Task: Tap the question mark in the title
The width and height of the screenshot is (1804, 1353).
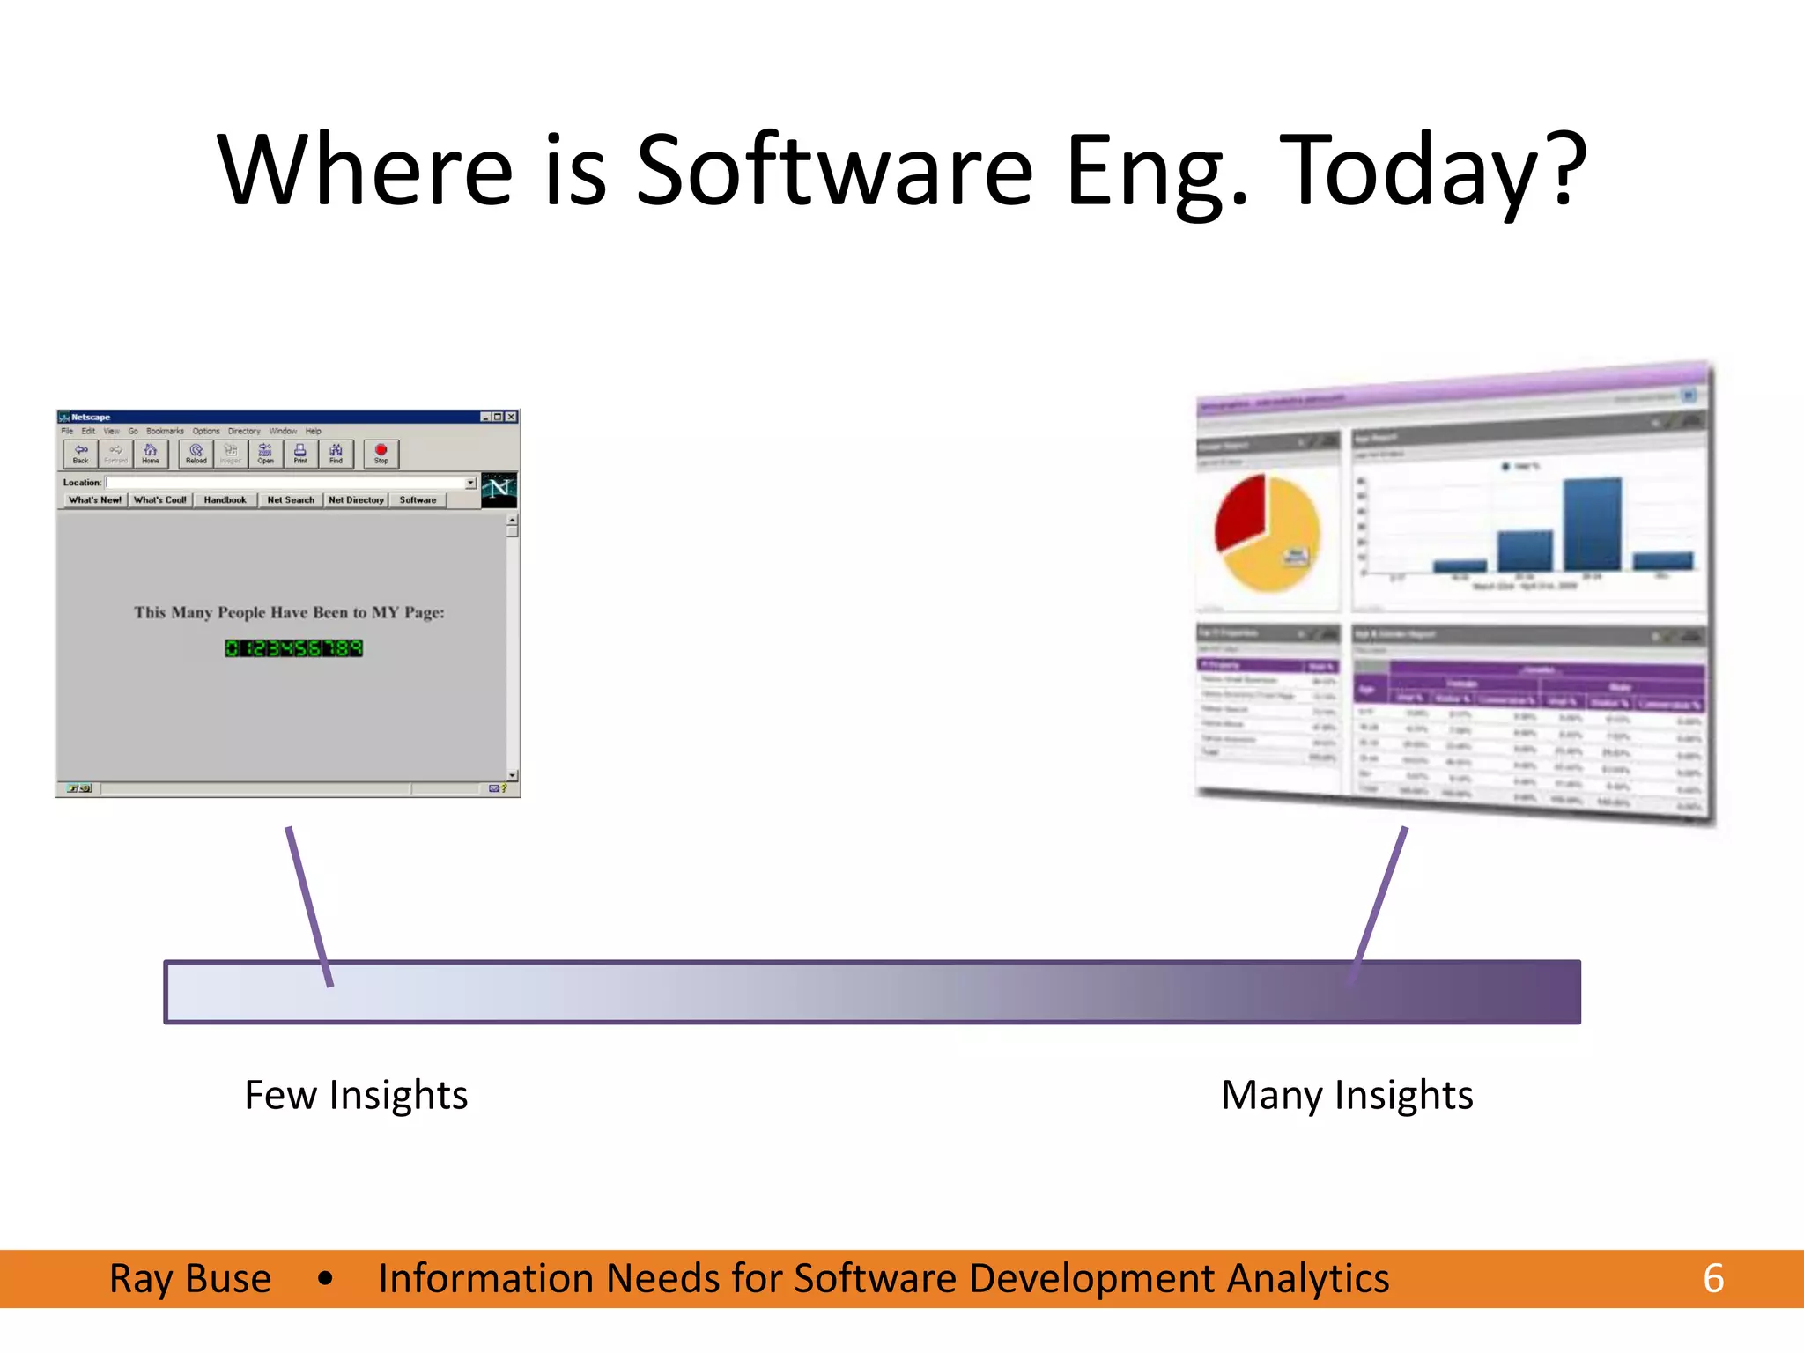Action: (x=1568, y=167)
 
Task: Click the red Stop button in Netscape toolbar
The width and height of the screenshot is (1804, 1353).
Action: (x=381, y=454)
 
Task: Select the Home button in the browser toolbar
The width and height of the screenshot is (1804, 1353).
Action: (x=151, y=454)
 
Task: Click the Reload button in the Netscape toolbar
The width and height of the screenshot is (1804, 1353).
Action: (x=196, y=454)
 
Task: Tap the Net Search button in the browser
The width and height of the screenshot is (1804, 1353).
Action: (x=291, y=500)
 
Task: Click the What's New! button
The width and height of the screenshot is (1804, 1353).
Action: (x=95, y=500)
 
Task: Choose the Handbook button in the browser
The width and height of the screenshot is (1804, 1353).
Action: (x=225, y=500)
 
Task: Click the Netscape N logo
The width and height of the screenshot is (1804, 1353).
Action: (x=499, y=489)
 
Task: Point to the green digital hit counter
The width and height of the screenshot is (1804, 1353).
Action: (x=293, y=648)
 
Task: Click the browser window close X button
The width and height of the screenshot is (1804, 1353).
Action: (x=511, y=417)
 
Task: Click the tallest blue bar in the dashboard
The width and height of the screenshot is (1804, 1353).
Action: (x=1592, y=525)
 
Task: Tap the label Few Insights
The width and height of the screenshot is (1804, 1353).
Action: (x=356, y=1095)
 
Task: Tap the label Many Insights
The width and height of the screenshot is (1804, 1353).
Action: (x=1346, y=1095)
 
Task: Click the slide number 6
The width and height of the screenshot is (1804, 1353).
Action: (x=1712, y=1278)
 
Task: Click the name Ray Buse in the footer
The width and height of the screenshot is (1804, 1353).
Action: (x=190, y=1278)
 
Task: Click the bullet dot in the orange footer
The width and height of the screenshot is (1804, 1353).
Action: (x=325, y=1278)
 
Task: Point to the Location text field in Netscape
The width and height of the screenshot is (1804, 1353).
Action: (x=286, y=483)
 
